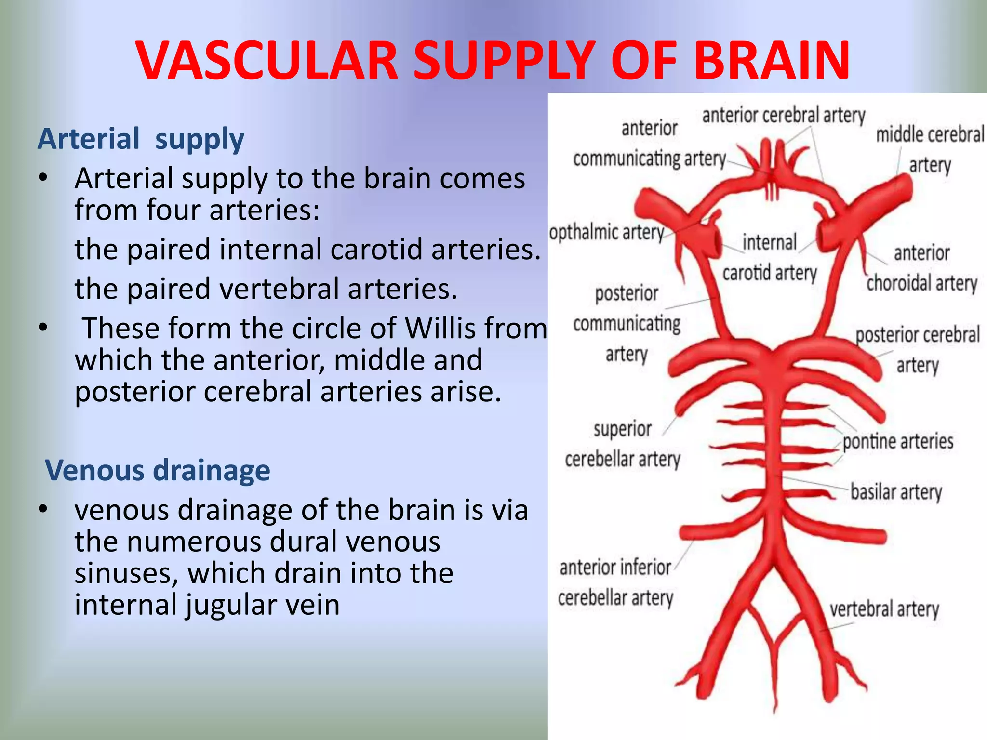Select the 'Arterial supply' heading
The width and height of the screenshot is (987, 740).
(x=141, y=139)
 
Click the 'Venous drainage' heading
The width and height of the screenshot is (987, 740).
(x=157, y=470)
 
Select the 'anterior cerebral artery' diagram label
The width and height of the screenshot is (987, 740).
(x=783, y=116)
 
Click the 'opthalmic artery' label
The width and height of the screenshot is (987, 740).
(x=606, y=233)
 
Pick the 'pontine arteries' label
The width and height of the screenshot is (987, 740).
(x=898, y=441)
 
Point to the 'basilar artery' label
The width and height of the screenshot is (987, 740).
(x=896, y=492)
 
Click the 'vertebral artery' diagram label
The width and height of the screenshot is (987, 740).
(x=884, y=609)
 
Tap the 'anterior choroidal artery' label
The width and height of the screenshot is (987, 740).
(x=921, y=268)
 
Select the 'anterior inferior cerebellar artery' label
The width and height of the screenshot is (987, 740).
(x=615, y=583)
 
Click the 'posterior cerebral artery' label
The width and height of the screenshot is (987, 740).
(x=917, y=349)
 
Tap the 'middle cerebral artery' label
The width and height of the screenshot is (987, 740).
(x=930, y=149)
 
